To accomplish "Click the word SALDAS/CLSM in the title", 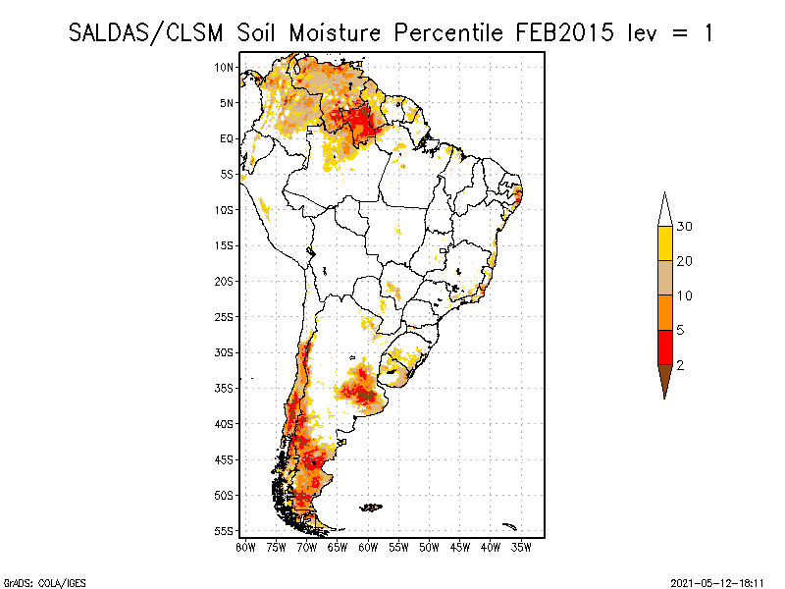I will point(149,32).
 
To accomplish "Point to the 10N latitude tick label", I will point(225,67).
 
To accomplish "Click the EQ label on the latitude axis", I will point(227,138).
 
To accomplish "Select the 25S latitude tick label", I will point(225,316).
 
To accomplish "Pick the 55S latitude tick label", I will point(225,530).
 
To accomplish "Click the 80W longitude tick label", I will point(245,547).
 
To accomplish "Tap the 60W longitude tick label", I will point(368,547).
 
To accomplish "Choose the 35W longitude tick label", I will point(521,547).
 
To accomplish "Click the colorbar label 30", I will point(685,227).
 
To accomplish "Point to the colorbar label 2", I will point(680,365).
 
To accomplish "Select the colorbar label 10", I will point(685,295).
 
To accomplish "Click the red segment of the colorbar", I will point(664,348).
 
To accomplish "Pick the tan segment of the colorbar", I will point(664,278).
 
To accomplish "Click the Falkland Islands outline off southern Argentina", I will point(371,508).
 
